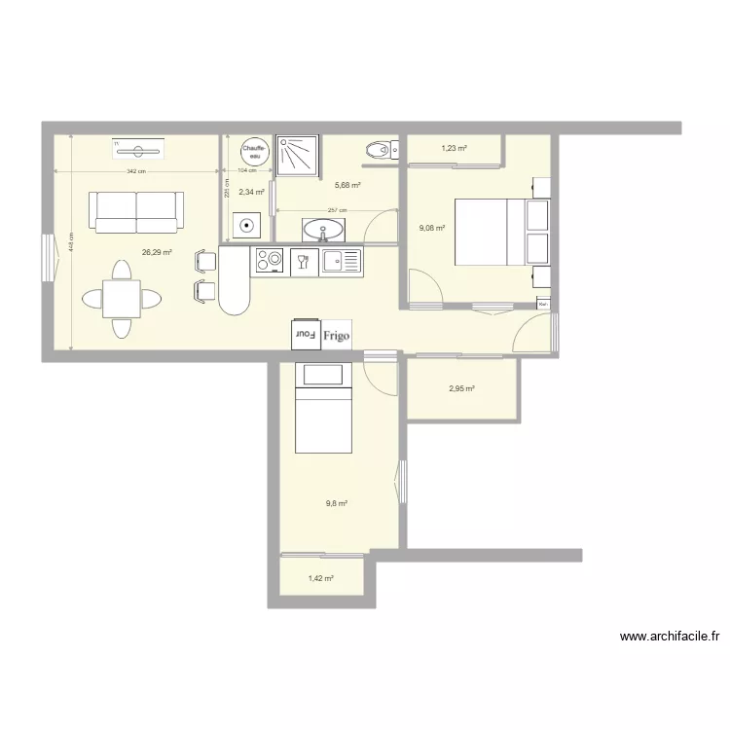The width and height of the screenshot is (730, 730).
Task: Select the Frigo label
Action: pos(337,333)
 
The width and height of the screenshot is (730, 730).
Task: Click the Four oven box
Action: pos(305,333)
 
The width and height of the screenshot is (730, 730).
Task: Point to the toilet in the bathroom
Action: pos(376,150)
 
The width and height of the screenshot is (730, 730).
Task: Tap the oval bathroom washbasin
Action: pos(322,230)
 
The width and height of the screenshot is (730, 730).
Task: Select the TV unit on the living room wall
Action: pos(138,150)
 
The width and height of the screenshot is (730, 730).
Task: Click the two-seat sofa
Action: pos(136,211)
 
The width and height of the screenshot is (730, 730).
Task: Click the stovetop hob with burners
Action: pos(268,261)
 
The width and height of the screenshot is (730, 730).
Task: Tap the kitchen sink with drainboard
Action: pos(342,261)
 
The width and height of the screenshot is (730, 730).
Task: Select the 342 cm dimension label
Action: pos(135,171)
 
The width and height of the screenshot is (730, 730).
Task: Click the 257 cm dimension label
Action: pos(337,210)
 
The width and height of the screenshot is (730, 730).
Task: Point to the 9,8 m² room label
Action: pos(337,503)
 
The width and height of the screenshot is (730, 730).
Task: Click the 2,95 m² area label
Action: pos(461,389)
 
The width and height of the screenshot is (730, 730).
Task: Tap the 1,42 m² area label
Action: pos(321,578)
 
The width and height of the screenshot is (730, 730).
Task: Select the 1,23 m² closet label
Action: pos(454,149)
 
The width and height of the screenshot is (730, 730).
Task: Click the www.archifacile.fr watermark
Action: pos(671,638)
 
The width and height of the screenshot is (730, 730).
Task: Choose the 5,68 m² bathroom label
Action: pos(348,185)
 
